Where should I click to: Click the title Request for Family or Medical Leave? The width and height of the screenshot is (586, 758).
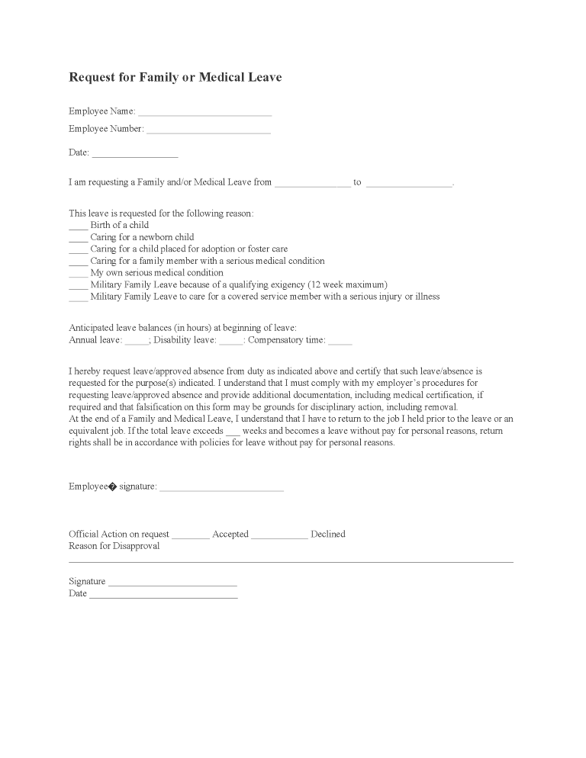[175, 77]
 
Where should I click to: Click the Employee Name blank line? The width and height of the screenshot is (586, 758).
[204, 113]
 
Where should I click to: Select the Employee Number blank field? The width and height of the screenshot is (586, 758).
[208, 130]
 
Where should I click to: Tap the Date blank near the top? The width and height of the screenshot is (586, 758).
[134, 154]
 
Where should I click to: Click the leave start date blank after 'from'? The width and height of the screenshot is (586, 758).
[312, 184]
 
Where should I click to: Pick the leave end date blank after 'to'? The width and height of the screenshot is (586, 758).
[409, 184]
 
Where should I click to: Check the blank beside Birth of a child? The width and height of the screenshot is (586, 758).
[78, 226]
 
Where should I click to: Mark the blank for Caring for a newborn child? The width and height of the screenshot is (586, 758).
[78, 239]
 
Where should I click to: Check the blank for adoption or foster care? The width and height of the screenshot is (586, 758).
[78, 250]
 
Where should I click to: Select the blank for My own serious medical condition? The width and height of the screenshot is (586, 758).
[78, 274]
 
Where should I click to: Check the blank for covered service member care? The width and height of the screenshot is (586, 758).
[78, 297]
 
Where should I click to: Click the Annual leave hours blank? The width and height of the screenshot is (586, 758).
[137, 342]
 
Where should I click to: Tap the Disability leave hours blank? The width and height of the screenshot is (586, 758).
[231, 342]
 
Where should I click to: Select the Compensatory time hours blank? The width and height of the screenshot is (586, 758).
[340, 342]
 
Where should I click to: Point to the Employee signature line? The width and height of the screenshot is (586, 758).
[221, 488]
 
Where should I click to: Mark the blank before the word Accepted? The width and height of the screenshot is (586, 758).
[191, 536]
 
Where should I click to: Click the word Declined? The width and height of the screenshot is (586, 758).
[328, 535]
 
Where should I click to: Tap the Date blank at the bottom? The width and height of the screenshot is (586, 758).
[163, 596]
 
